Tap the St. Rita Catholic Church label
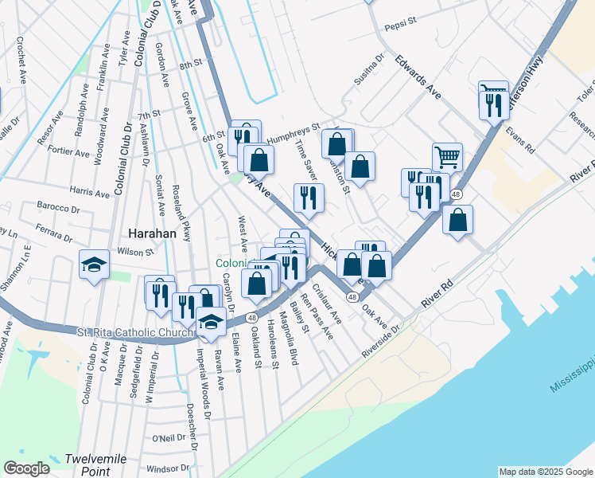coord(134,332)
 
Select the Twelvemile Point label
coord(87,465)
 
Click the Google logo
coord(26,468)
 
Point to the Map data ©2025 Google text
coord(545,472)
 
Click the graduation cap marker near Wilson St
coord(94,264)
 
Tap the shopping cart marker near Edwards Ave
coord(447,157)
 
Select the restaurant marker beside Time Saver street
coord(308,198)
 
